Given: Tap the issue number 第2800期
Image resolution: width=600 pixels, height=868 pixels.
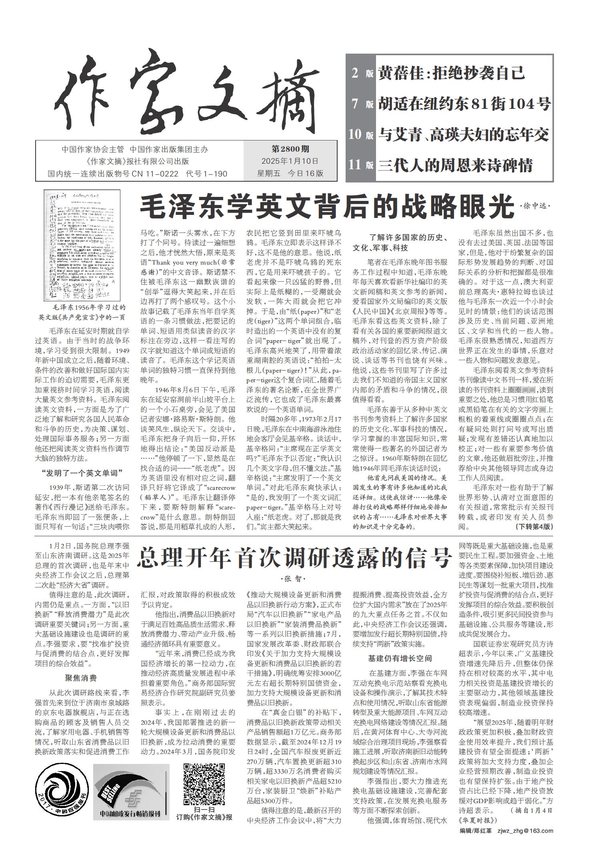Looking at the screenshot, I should (290, 149).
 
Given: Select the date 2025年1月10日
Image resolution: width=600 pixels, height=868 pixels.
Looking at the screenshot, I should (290, 161).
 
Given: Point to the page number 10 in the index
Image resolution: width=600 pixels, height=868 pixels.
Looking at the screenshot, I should (355, 134).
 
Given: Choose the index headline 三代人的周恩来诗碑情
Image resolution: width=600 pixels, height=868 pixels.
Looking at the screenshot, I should (456, 165).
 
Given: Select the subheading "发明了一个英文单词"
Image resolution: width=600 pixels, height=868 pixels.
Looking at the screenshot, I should (82, 473).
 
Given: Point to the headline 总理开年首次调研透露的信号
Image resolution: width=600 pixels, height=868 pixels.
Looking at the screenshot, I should (294, 557).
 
